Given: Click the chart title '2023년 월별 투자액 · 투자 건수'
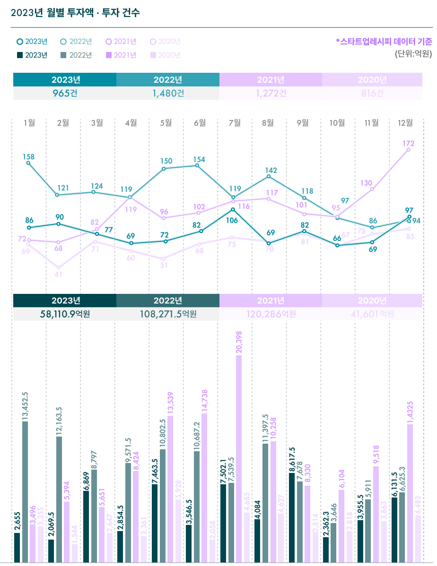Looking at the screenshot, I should (75, 13).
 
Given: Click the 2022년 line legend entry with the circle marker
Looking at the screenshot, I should (76, 42).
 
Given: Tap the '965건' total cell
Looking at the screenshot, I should (65, 93).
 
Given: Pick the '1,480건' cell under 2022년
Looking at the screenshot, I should (168, 93).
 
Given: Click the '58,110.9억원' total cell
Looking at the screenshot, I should (65, 313).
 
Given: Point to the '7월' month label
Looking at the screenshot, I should (235, 123).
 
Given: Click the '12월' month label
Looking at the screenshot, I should (405, 123).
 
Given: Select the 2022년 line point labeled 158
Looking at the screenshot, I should (29, 163).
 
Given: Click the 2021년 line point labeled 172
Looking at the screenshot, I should (408, 150).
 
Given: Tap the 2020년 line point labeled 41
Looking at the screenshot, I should (59, 267).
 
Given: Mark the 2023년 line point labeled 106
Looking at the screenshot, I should (233, 209).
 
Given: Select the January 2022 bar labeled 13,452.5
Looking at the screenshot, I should (25, 491).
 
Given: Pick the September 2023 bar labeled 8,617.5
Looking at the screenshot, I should (292, 517).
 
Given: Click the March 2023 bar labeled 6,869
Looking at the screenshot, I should (86, 526).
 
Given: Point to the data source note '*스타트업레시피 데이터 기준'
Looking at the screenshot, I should (384, 42).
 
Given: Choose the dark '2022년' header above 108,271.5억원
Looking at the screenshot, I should (168, 300).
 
